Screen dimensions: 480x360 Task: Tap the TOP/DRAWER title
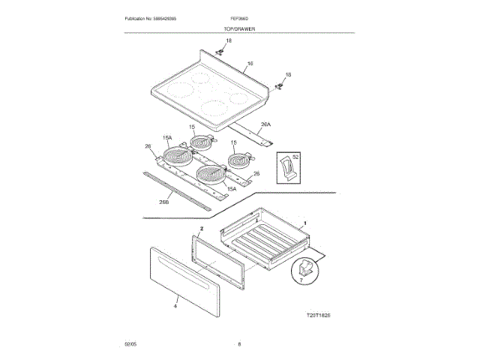[240, 28]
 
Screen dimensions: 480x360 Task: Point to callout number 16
[250, 64]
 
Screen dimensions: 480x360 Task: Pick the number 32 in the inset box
[295, 157]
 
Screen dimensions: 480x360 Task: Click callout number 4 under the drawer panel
[175, 306]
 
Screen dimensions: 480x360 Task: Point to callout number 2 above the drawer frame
[202, 226]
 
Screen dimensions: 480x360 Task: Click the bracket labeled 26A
[259, 136]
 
